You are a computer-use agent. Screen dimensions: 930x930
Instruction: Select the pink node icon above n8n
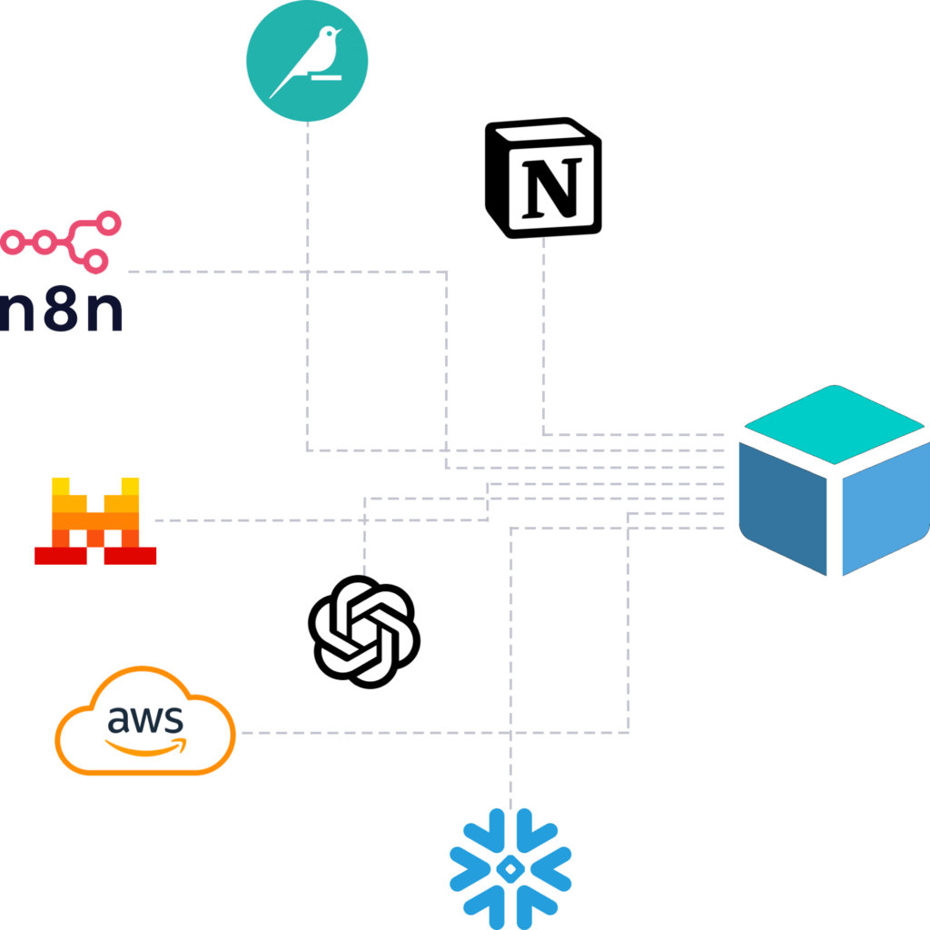point(60,242)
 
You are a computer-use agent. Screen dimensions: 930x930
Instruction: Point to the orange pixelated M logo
point(95,521)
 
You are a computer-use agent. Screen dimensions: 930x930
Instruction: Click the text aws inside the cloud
point(145,719)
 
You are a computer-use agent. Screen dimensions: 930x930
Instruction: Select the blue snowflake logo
point(510,868)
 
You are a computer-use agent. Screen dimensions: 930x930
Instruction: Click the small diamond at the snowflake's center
point(510,868)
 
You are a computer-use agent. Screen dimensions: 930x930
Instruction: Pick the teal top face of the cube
point(834,425)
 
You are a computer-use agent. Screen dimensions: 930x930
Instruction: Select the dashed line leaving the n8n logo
point(272,272)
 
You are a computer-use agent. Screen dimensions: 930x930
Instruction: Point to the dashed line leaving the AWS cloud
point(409,732)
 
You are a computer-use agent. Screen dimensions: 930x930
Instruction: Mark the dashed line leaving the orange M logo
point(272,520)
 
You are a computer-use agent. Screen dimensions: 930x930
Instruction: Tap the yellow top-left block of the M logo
point(61,486)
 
